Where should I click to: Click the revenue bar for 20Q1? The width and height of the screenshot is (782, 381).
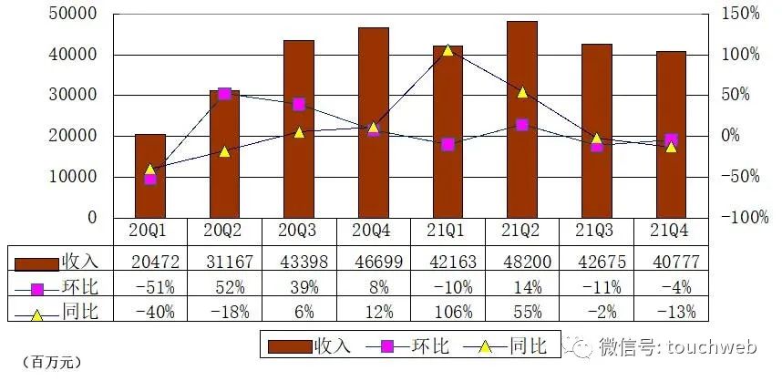click(150, 175)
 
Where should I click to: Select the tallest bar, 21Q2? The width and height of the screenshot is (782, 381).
click(521, 118)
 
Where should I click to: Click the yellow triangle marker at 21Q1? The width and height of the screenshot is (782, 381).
click(448, 49)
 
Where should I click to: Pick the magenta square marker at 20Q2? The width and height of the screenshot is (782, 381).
click(224, 94)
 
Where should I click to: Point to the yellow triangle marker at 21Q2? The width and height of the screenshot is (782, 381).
click(522, 91)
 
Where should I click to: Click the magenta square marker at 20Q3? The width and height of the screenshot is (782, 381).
click(299, 104)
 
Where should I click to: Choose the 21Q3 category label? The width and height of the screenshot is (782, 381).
click(596, 231)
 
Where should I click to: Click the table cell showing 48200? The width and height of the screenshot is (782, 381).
click(521, 262)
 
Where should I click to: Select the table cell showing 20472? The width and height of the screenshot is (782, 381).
click(150, 262)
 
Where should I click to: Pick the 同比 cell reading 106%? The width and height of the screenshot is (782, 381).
click(448, 312)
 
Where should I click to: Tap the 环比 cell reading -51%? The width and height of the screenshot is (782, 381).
click(150, 287)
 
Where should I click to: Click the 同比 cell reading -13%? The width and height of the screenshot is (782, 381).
click(671, 312)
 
